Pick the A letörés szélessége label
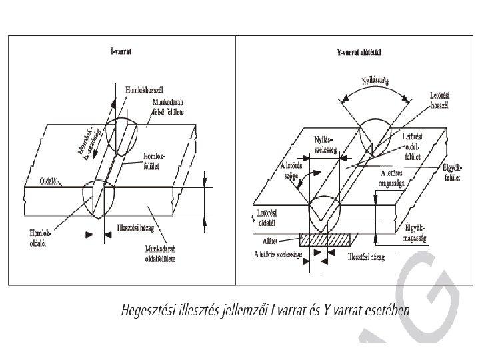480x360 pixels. click(x=279, y=255)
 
